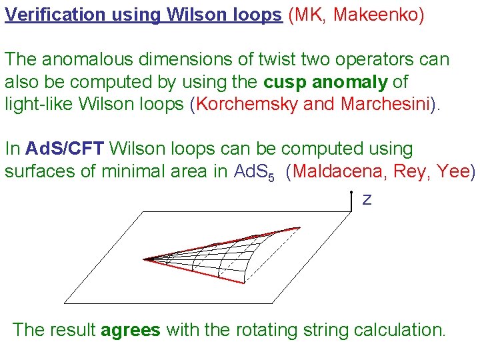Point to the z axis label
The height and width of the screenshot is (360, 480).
pyautogui.click(x=367, y=199)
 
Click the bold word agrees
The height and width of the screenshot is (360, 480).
pyautogui.click(x=131, y=329)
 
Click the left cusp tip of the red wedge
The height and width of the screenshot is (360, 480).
pyautogui.click(x=145, y=259)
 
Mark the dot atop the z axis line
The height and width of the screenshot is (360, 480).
pyautogui.click(x=351, y=192)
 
